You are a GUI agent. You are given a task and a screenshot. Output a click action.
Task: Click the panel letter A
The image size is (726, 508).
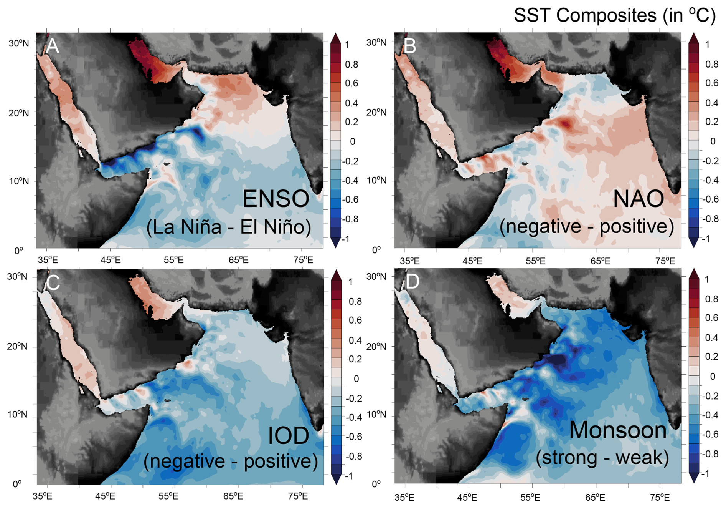(x=53, y=46)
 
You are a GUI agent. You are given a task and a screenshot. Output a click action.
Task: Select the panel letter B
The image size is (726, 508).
(x=410, y=46)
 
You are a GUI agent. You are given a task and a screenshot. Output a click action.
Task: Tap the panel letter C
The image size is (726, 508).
(x=53, y=283)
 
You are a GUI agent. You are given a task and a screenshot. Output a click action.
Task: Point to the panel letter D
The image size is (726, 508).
(x=412, y=282)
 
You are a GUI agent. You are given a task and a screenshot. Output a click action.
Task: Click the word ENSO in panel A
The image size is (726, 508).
(x=276, y=199)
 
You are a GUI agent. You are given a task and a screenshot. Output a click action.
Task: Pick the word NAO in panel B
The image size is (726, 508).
(x=638, y=199)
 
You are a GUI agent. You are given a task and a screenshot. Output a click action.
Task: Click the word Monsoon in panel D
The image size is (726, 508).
(x=617, y=430)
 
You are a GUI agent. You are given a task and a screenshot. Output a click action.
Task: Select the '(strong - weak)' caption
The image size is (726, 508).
(x=602, y=457)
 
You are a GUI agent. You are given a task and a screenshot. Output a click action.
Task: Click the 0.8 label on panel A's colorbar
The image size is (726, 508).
(x=351, y=65)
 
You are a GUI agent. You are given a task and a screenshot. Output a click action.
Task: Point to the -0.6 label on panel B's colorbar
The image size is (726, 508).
(x=710, y=199)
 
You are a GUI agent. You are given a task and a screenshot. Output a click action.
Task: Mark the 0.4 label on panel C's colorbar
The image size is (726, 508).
(x=355, y=340)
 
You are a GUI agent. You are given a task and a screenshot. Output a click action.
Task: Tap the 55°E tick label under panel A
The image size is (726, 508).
(x=173, y=260)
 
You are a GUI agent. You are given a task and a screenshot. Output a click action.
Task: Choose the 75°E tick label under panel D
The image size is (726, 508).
(x=660, y=498)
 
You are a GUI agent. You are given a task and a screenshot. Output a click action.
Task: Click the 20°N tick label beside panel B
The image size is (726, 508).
(x=376, y=112)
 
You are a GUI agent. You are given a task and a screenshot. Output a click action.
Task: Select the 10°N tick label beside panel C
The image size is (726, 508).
(x=17, y=415)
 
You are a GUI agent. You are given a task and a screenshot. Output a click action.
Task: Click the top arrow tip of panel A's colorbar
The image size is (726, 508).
(x=335, y=35)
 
